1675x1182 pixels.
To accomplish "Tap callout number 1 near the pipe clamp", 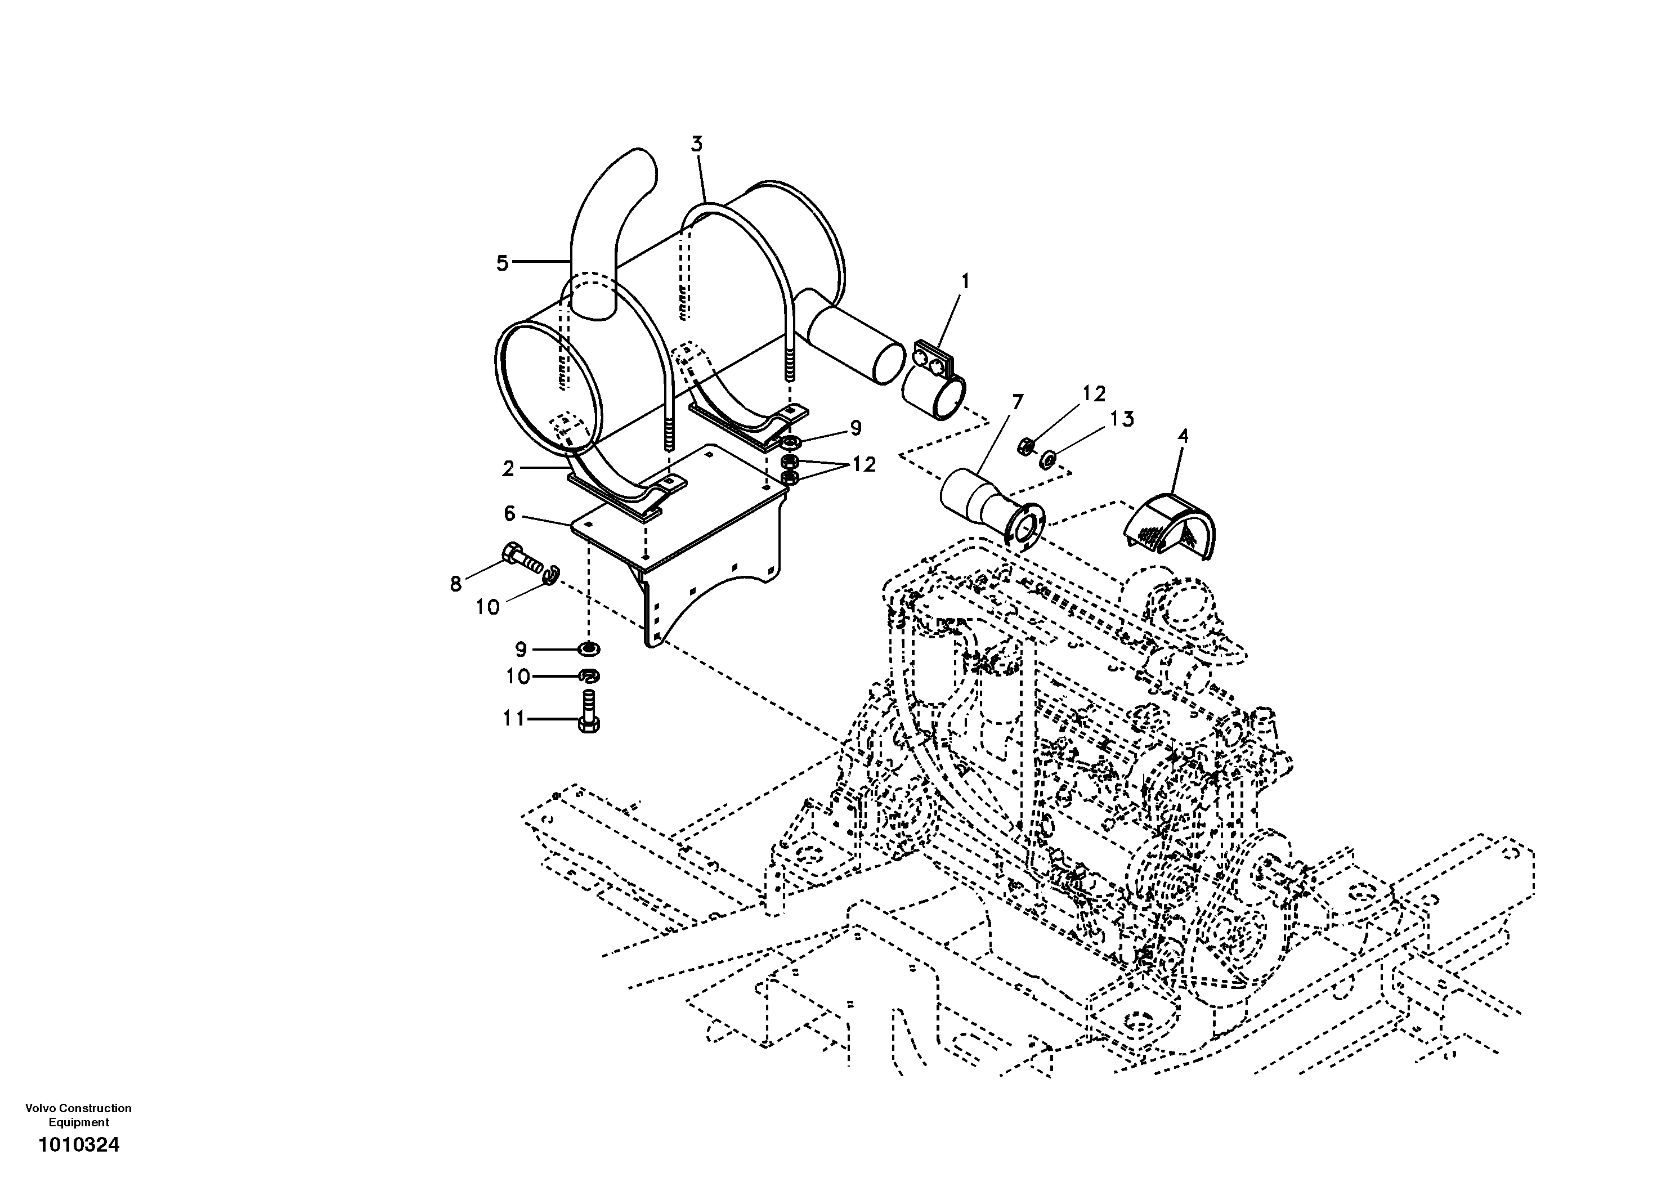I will pyautogui.click(x=965, y=281).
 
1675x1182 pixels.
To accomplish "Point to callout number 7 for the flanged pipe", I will pyautogui.click(x=1017, y=402).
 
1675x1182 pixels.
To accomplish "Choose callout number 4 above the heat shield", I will pyautogui.click(x=1183, y=436).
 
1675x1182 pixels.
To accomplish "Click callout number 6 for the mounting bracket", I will pyautogui.click(x=509, y=514).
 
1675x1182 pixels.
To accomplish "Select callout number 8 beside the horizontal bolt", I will pyautogui.click(x=456, y=584).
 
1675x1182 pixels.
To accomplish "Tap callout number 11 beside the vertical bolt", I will pyautogui.click(x=513, y=719).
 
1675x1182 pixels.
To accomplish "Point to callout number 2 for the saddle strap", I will pyautogui.click(x=508, y=468).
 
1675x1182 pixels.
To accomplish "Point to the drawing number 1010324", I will pyautogui.click(x=79, y=1145).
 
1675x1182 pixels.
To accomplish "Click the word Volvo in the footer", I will pyautogui.click(x=40, y=1108).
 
